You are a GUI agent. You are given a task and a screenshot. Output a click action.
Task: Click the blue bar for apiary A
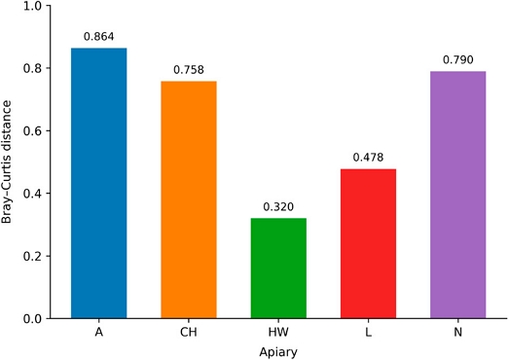click(98, 183)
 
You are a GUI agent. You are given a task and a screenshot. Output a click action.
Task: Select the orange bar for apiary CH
click(189, 199)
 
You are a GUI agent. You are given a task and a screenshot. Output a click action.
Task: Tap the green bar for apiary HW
click(278, 269)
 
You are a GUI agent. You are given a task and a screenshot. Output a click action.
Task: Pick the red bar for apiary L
click(368, 243)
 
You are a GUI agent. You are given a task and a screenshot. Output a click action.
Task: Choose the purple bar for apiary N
click(458, 195)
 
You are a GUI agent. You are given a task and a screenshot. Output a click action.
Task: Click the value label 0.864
click(98, 37)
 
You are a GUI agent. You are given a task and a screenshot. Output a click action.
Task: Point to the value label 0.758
click(189, 70)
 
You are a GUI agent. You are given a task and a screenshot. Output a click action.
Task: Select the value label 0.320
click(278, 207)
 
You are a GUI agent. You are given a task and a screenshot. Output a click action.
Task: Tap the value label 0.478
click(368, 158)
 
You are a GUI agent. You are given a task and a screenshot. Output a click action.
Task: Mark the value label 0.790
click(458, 59)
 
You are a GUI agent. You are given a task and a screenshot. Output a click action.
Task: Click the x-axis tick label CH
click(189, 333)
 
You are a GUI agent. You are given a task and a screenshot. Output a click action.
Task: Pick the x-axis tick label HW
click(278, 333)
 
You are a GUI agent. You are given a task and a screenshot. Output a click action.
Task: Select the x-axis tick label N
click(458, 333)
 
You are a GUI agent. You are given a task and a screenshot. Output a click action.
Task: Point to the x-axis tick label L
click(368, 333)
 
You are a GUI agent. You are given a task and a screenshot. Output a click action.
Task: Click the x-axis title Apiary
click(278, 352)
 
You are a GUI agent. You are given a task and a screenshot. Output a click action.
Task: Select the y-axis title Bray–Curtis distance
click(6, 162)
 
